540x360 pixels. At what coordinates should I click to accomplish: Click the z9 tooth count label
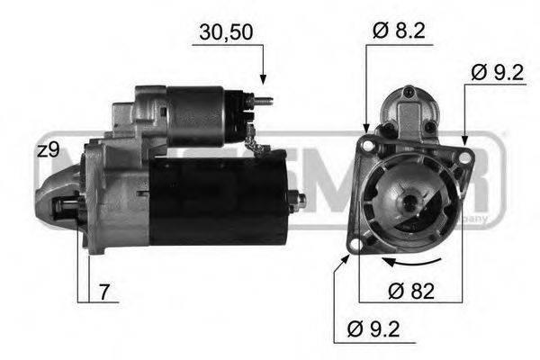(x=48, y=150)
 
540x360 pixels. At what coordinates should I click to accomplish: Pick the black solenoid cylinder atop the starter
(x=198, y=115)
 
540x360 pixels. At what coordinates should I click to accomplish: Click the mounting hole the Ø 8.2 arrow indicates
(x=366, y=144)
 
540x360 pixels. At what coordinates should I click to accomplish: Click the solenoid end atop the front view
(x=410, y=108)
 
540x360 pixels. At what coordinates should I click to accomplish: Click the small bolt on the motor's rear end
(x=300, y=199)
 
